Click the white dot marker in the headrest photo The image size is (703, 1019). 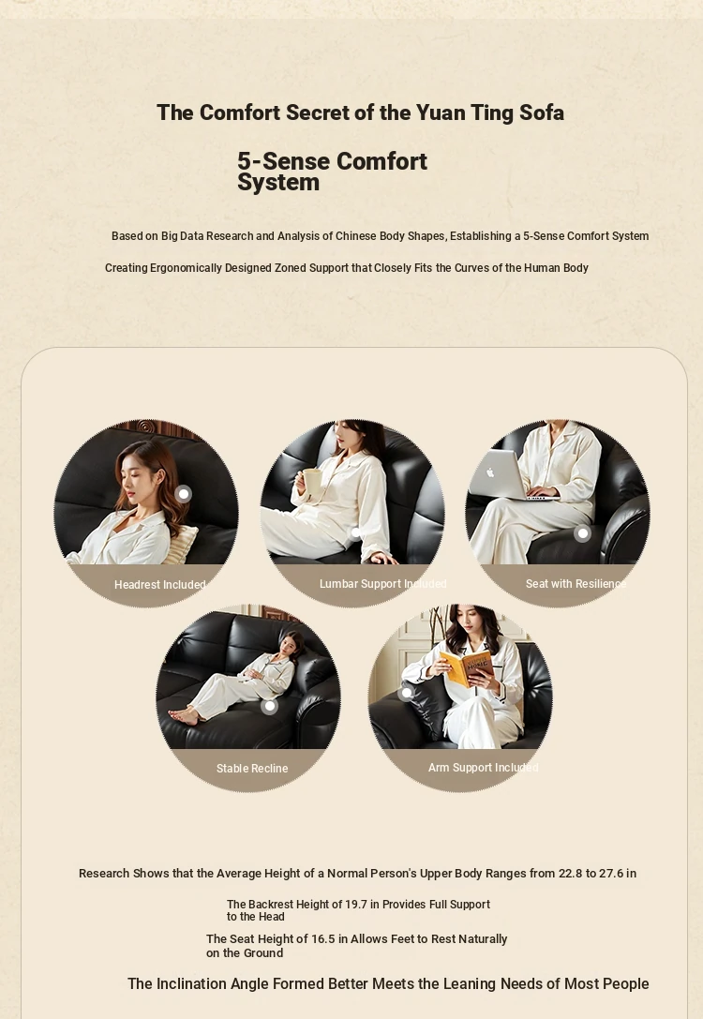[x=183, y=494]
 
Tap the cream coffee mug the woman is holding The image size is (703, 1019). [x=311, y=482]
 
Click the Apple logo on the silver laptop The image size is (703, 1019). [x=490, y=472]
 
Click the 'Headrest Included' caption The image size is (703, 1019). [x=160, y=585]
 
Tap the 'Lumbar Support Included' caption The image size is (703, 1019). [x=382, y=584]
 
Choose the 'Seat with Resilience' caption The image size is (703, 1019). [x=576, y=584]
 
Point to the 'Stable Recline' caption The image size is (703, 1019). [x=252, y=768]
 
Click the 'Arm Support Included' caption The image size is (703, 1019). [x=483, y=768]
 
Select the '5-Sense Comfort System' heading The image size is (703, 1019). [x=332, y=172]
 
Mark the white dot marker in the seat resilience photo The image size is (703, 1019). [x=582, y=533]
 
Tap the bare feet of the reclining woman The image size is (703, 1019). [x=185, y=715]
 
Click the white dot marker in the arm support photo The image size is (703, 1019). [x=407, y=693]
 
